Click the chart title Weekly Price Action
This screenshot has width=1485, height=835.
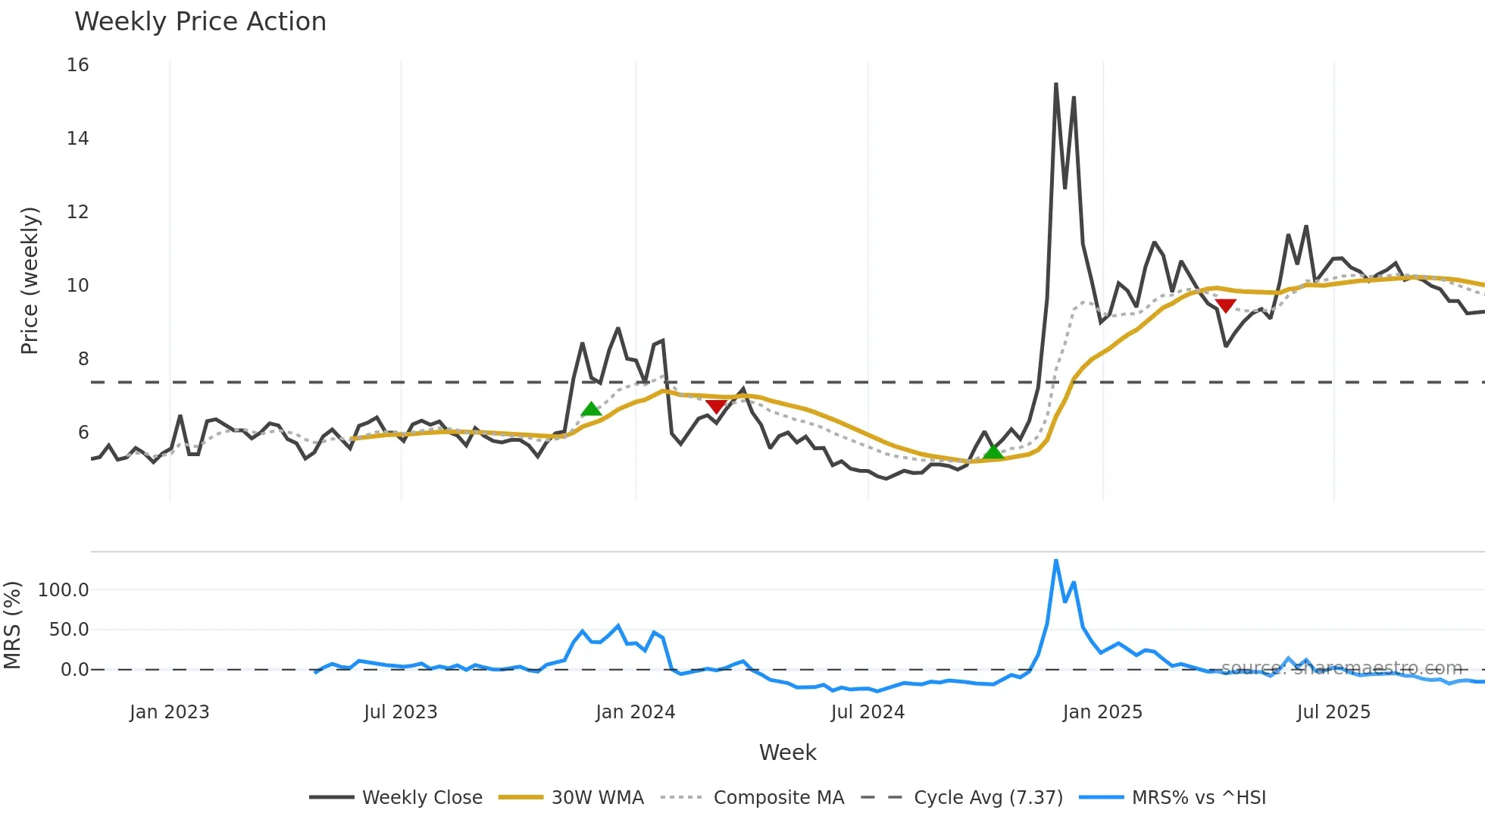click(200, 22)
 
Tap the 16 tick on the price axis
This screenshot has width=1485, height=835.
click(78, 65)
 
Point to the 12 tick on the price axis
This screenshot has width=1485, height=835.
click(78, 212)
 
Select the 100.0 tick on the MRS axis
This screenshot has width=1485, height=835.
click(64, 590)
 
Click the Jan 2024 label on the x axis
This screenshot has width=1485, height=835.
click(635, 712)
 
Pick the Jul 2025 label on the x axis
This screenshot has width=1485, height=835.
click(1333, 712)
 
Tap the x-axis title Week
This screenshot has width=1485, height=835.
click(787, 752)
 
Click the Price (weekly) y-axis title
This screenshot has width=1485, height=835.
click(30, 280)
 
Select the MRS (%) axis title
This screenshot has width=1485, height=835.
click(13, 625)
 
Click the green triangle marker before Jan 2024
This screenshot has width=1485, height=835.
click(591, 410)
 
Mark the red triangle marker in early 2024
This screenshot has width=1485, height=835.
click(716, 407)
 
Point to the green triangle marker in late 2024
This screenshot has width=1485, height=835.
click(993, 452)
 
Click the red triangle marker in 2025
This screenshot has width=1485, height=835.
click(1225, 305)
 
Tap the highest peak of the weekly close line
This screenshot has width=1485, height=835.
click(1056, 84)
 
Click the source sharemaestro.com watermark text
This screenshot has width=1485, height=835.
click(1341, 668)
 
